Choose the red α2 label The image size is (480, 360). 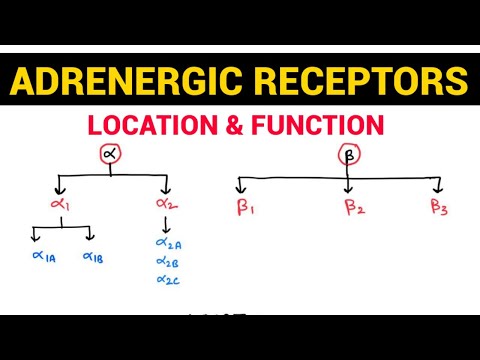pyautogui.click(x=165, y=207)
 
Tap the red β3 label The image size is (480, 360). pyautogui.click(x=440, y=208)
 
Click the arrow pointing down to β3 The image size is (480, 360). pyautogui.click(x=438, y=185)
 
